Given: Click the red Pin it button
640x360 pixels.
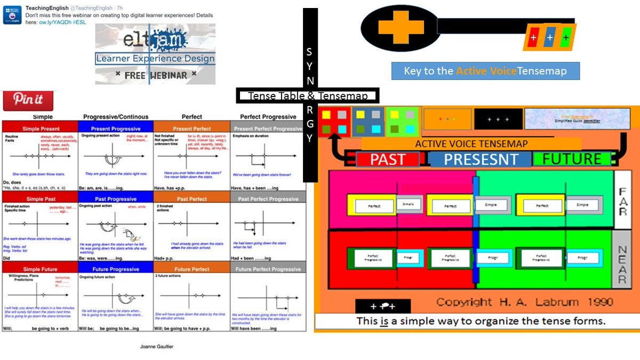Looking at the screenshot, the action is point(29,100).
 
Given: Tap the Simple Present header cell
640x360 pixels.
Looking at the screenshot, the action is point(40,129).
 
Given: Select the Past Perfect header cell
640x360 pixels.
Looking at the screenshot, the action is point(191,199).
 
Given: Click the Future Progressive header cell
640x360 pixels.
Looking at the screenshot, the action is point(116,269).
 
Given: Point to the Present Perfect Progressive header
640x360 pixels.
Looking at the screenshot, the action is point(268,129).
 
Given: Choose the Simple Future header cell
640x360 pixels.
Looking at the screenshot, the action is point(40,269).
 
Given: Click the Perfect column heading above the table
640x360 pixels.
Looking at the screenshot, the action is point(191,116).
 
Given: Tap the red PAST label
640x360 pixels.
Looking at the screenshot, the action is point(388,159).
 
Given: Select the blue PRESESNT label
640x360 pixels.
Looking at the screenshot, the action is point(481,159).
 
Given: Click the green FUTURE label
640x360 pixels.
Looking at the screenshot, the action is point(572,159).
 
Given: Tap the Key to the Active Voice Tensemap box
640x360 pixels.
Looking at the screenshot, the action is point(485,71).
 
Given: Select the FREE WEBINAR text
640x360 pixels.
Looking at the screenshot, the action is point(155,75).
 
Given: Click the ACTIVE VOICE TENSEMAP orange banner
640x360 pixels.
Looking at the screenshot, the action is point(471,143).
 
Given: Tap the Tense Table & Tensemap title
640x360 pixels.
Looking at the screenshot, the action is point(308,96).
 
